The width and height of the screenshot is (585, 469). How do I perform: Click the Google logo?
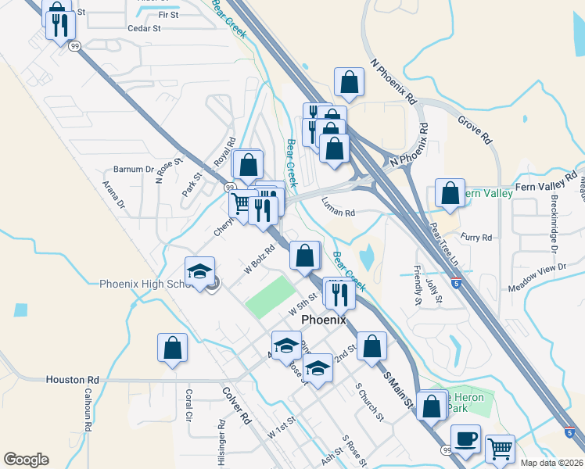point(27,460)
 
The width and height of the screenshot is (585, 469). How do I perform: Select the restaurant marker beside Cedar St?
point(60,26)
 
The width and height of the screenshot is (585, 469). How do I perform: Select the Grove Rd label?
point(475,130)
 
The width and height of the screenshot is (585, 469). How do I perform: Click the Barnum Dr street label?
point(134,169)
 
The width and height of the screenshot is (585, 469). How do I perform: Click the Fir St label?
point(168,15)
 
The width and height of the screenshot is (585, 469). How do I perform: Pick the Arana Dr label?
point(114,195)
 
